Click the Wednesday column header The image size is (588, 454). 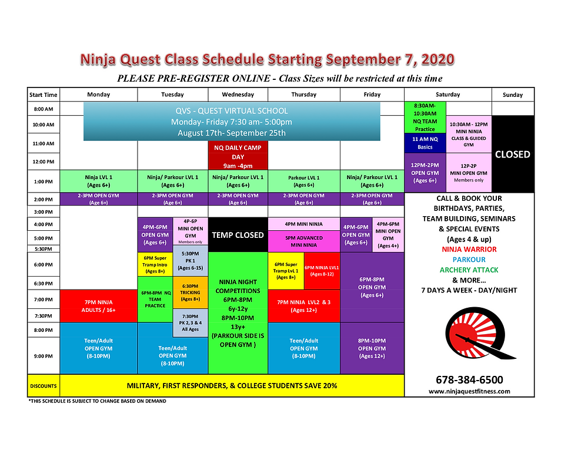pos(238,95)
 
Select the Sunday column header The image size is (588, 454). pos(513,95)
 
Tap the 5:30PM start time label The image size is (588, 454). pos(43,248)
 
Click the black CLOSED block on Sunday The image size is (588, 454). pos(513,154)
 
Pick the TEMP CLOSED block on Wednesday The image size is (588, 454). pos(238,235)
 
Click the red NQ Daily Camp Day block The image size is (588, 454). pos(238,156)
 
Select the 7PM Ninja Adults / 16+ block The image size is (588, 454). pos(99,305)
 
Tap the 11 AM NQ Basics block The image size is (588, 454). pos(425,143)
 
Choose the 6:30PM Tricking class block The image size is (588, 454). pos(190,292)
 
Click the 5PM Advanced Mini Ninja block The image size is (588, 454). pos(304,241)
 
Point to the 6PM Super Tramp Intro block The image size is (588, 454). pos(155,264)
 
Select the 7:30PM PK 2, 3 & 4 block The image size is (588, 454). pos(190,323)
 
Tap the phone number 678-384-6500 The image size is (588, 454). pos(469,380)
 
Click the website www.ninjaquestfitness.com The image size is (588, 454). pos(469,391)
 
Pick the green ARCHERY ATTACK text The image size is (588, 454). pos(469,270)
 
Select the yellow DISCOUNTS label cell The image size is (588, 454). pos(44,386)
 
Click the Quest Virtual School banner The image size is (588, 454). pos(232,122)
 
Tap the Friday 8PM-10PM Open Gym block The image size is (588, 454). pos(372,348)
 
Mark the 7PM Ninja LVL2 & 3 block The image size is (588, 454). pos(304,305)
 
